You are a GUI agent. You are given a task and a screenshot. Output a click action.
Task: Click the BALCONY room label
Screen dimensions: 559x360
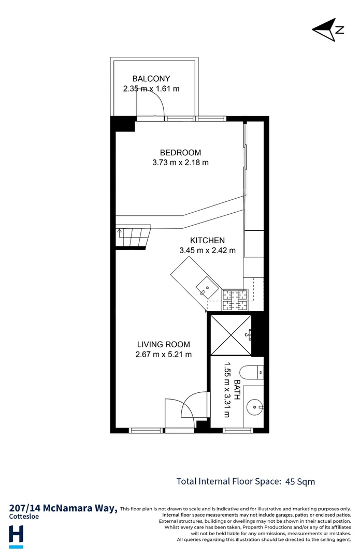151,79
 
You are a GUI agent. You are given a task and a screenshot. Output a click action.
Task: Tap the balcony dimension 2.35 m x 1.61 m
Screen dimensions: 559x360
151,89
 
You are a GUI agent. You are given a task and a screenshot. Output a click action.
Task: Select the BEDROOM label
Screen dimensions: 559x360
180,153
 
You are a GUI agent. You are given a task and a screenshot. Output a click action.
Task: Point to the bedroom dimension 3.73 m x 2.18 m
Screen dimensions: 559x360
180,163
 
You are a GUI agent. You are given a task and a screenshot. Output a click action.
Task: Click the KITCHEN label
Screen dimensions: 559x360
207,240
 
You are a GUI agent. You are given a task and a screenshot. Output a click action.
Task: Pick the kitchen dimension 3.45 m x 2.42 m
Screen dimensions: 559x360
207,251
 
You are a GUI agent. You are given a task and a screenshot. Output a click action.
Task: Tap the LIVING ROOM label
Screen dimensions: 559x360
163,344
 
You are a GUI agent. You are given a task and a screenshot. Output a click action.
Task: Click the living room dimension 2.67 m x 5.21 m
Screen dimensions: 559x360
163,355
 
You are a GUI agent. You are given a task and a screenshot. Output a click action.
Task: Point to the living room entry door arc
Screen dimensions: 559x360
193,406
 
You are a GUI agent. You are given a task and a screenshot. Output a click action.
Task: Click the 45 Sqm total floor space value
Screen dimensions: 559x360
300,481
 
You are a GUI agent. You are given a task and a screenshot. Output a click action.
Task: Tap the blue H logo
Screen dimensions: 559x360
17,535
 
